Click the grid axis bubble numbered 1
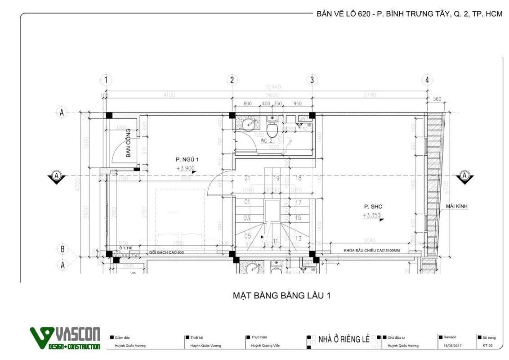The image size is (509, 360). pos(106,80)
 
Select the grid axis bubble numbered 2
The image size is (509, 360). pos(232,80)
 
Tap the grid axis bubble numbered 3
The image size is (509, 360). pos(312,80)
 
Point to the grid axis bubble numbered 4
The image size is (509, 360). pos(427,80)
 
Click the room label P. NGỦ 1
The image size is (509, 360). pos(187,159)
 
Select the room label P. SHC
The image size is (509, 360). pos(373,207)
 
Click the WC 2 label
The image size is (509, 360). pos(267,140)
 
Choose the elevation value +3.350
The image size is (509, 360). pos(372,216)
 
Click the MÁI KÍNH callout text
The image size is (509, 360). pos(456,206)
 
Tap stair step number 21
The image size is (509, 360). pos(247,178)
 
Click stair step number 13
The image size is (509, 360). pos(298,238)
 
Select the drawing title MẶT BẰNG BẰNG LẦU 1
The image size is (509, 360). pos(281,296)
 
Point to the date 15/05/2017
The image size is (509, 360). pos(452,346)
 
